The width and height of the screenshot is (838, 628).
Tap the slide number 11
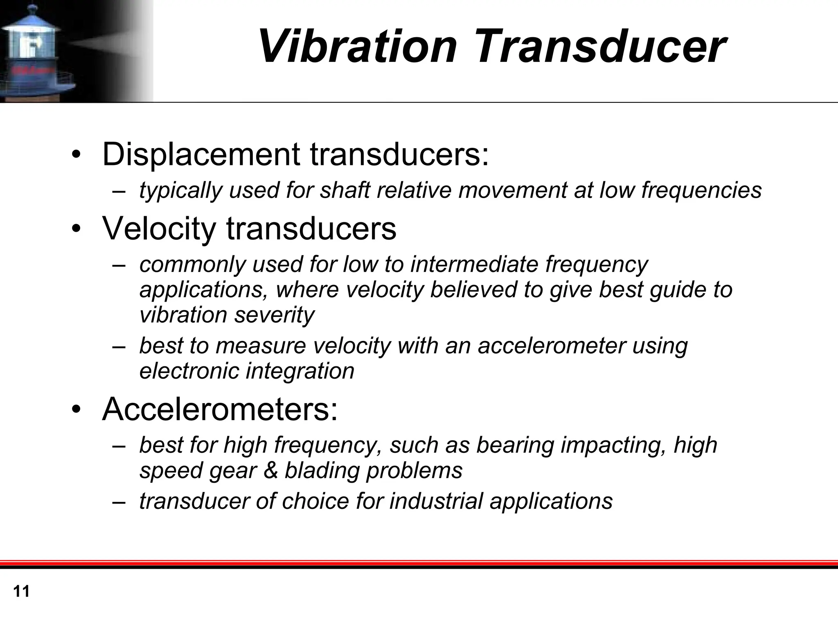[x=21, y=592]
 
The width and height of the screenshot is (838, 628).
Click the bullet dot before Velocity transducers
[x=76, y=230]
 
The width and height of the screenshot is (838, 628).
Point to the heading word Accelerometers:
[x=220, y=409]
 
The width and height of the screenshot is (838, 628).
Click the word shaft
[x=345, y=190]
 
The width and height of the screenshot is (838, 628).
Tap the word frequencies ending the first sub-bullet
[x=701, y=190]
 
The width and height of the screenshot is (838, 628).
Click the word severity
[x=274, y=315]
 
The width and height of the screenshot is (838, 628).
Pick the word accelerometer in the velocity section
[x=552, y=346]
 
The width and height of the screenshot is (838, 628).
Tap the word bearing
[x=515, y=445]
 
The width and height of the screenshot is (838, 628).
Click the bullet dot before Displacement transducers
[x=76, y=155]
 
